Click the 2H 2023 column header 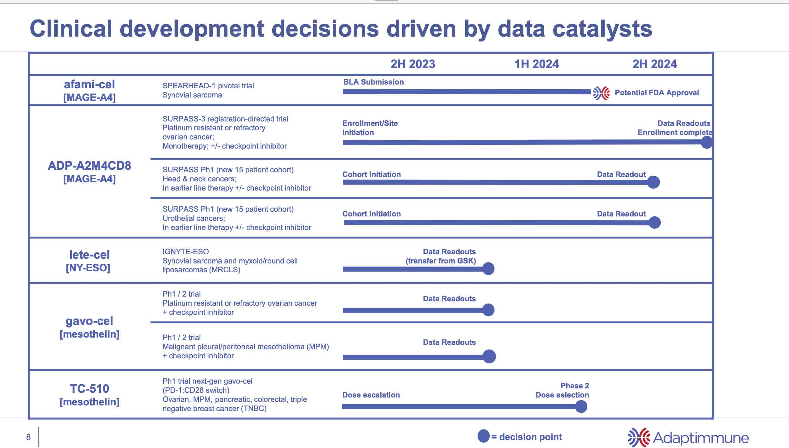[x=413, y=64]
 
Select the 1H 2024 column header [x=536, y=64]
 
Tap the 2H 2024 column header [x=654, y=64]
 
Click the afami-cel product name [x=89, y=85]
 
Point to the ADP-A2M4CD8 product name [x=89, y=166]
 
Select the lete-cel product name [x=89, y=255]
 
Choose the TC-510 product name [x=89, y=388]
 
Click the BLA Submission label [x=373, y=82]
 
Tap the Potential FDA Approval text [x=657, y=93]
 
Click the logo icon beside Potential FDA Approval [x=601, y=93]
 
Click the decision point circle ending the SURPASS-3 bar [x=707, y=142]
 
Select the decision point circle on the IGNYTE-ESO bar [x=488, y=269]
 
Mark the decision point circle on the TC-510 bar [x=581, y=406]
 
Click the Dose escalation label [x=371, y=395]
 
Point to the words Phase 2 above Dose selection [x=575, y=386]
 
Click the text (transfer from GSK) [x=441, y=261]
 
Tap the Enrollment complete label [x=674, y=133]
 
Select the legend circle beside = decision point [x=483, y=436]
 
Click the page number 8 [x=28, y=437]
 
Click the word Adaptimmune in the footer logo [x=701, y=438]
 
